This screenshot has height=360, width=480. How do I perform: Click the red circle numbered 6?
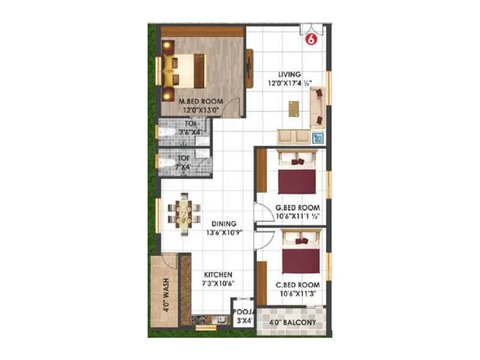tap(311, 40)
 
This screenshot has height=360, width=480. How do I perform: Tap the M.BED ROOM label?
tap(201, 102)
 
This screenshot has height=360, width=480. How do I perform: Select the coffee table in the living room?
tap(294, 108)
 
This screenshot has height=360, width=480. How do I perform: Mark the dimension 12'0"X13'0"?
tap(201, 110)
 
